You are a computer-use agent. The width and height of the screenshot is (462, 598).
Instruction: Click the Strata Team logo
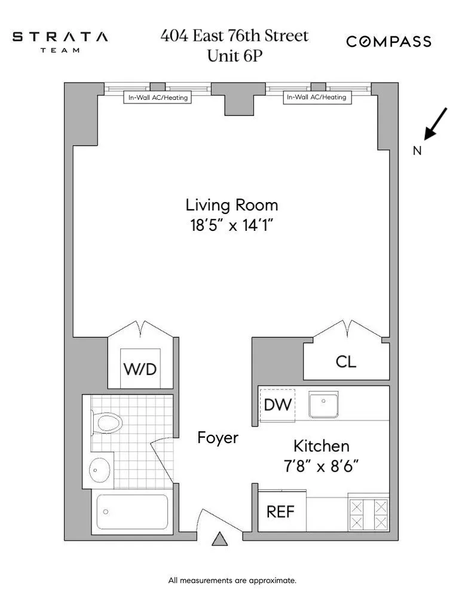(x=60, y=41)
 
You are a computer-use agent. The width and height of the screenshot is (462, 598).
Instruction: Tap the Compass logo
(x=389, y=41)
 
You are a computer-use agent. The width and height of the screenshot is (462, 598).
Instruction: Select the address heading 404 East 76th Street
(x=234, y=36)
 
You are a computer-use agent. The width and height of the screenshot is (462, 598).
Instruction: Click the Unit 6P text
(x=234, y=56)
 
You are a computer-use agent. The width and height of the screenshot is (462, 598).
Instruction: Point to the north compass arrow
(x=435, y=124)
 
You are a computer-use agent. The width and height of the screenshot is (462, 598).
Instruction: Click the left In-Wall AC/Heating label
(x=158, y=97)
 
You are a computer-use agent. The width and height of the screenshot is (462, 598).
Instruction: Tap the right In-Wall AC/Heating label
(x=316, y=97)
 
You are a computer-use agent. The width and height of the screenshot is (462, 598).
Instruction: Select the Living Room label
(x=231, y=206)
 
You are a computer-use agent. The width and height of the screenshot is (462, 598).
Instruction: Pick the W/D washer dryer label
(x=140, y=369)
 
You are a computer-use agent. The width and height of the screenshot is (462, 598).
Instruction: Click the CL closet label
(x=346, y=361)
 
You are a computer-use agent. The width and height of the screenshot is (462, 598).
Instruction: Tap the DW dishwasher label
(x=277, y=405)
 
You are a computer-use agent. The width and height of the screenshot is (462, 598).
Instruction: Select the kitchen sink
(x=323, y=405)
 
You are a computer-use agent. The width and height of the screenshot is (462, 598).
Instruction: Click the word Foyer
(x=218, y=438)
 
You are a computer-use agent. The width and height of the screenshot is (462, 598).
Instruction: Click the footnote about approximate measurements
(x=232, y=580)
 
